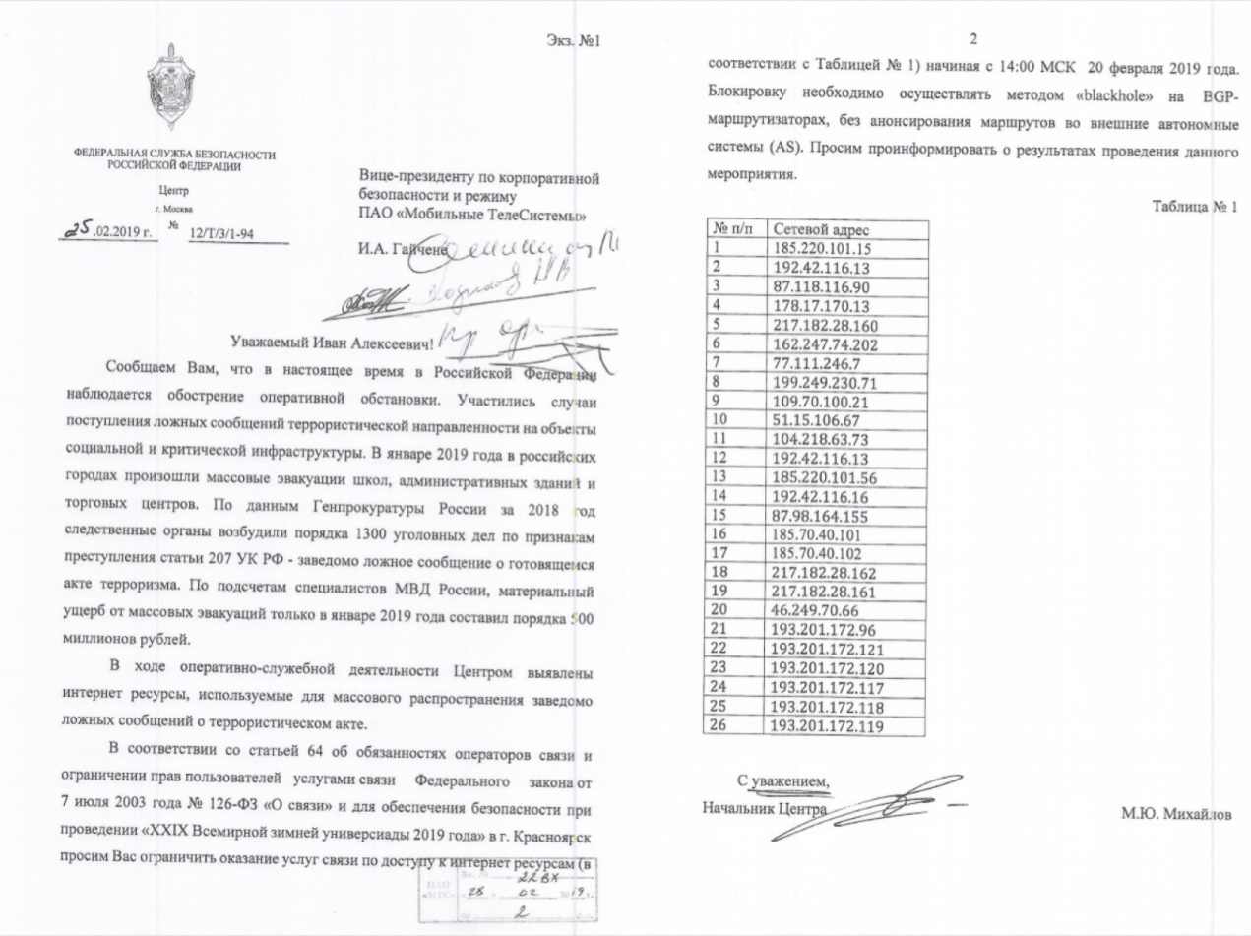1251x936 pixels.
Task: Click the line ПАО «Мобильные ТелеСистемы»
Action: [x=475, y=216]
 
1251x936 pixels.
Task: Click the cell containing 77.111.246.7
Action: [x=811, y=364]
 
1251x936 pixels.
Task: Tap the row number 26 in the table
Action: [x=719, y=727]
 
